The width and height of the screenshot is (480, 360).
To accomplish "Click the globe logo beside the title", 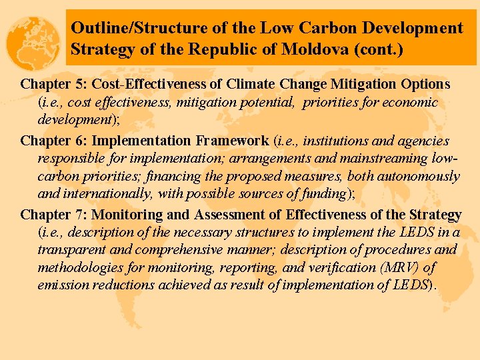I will click(33, 42).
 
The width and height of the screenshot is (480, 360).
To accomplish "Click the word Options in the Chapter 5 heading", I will click(425, 85).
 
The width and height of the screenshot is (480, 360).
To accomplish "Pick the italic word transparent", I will click(70, 250).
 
